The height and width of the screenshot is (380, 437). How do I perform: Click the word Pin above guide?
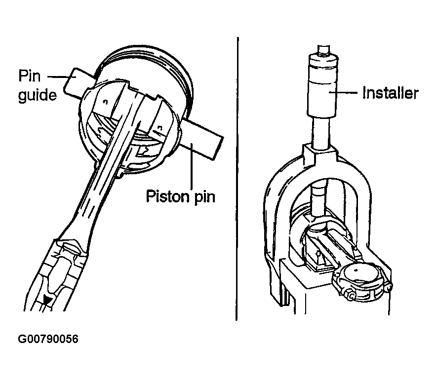[x=29, y=76]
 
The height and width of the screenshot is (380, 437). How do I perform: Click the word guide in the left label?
[x=38, y=95]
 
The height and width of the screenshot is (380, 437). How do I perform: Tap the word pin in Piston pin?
[x=205, y=197]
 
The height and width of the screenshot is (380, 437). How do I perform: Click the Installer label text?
[x=390, y=93]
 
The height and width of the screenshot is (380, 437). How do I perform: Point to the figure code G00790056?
[x=48, y=339]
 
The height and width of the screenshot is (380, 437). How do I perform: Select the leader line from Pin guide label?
[x=58, y=76]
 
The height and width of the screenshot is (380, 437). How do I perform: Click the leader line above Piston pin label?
[x=192, y=166]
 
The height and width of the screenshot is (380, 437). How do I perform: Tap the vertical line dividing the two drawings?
[x=237, y=178]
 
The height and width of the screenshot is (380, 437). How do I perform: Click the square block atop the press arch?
[x=320, y=153]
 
